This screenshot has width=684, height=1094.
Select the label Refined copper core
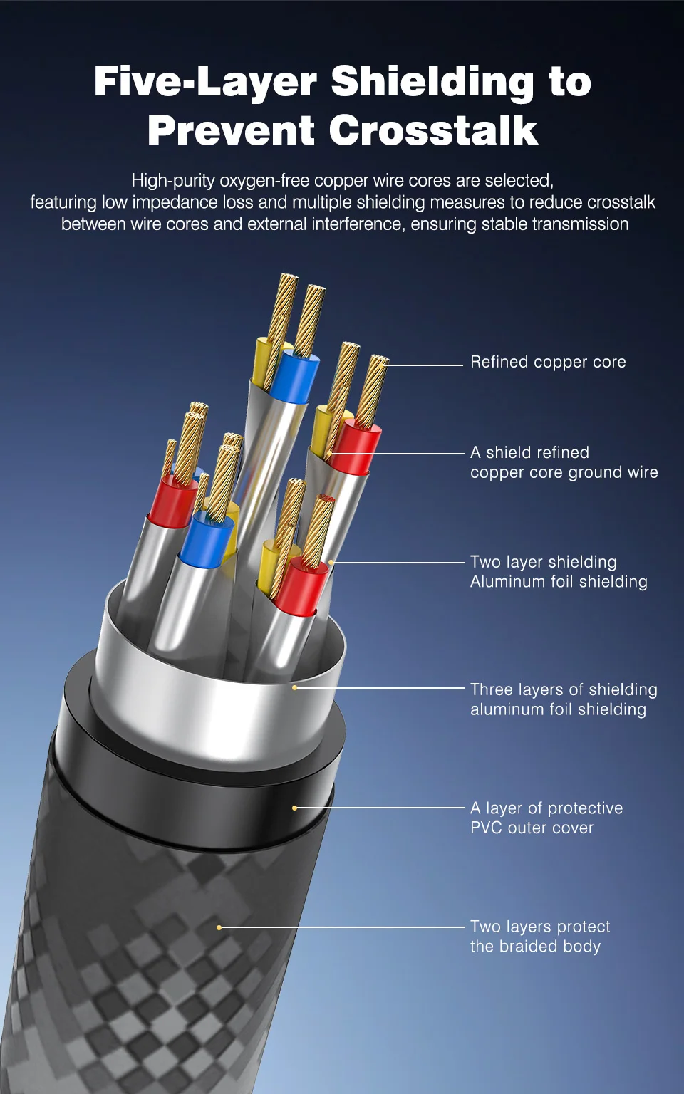click(x=548, y=362)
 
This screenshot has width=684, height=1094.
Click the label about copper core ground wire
click(x=564, y=462)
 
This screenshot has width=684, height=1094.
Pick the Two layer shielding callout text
click(x=559, y=572)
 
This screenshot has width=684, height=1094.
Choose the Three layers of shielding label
click(x=564, y=699)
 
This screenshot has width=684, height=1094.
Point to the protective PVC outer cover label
click(x=546, y=818)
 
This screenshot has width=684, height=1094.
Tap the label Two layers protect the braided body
click(x=540, y=937)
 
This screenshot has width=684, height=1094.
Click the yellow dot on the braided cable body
click(x=219, y=927)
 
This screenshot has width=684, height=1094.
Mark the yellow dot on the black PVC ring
click(x=294, y=808)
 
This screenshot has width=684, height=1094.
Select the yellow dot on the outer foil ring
click(x=294, y=687)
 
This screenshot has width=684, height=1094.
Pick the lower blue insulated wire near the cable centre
click(x=206, y=538)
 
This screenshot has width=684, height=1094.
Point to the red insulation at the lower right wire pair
click(x=303, y=588)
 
